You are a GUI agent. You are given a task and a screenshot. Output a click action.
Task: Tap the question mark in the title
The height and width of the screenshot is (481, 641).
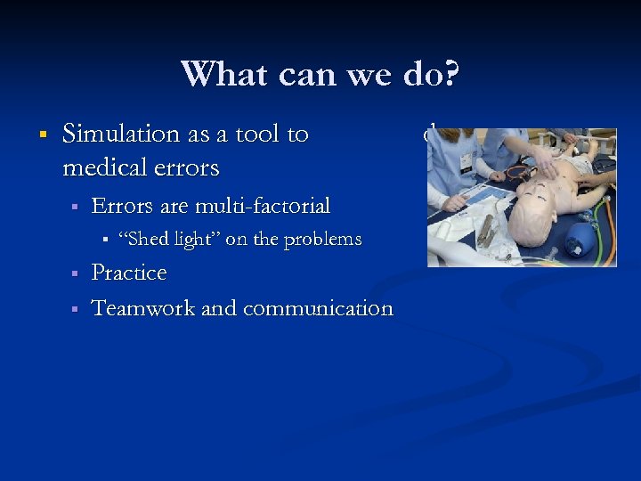tap(450, 73)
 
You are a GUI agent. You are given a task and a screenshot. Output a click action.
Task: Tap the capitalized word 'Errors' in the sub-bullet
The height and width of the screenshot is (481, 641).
tap(122, 207)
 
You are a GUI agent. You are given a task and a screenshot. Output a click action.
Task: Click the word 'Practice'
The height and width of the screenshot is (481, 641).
tap(129, 273)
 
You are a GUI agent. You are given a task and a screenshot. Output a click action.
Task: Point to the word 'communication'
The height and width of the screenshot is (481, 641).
tap(318, 308)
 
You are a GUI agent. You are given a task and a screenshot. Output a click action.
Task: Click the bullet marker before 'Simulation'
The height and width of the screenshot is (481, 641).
tap(41, 135)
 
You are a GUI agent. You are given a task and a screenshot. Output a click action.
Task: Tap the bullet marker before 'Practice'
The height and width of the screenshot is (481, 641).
tap(76, 273)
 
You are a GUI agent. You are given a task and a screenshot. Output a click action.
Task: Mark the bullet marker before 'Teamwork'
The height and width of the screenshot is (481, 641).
tap(76, 308)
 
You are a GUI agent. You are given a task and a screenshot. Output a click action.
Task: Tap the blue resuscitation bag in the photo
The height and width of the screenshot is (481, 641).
tap(580, 239)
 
